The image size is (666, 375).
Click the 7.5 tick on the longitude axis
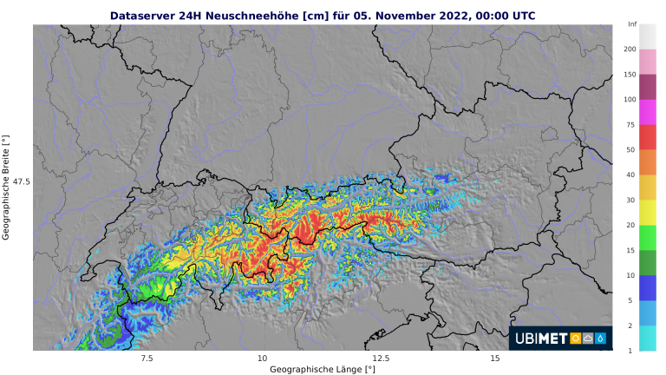pos(146,358)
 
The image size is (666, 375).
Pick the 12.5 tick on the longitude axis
pos(378,358)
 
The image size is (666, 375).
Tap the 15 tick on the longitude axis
pos(494,358)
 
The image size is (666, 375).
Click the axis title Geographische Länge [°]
pos(322,369)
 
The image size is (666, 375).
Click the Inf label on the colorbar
pos(632,24)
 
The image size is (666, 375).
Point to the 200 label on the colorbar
pos(632,49)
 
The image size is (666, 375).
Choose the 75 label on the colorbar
pos(630,125)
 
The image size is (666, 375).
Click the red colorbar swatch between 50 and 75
pos(648,137)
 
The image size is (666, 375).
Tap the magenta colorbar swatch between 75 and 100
pos(648,112)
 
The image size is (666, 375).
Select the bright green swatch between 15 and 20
pos(648,237)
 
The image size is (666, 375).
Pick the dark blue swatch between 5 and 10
pos(648,287)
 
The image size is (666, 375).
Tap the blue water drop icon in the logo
pos(601,339)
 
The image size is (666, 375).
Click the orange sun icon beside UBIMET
pos(576,339)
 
